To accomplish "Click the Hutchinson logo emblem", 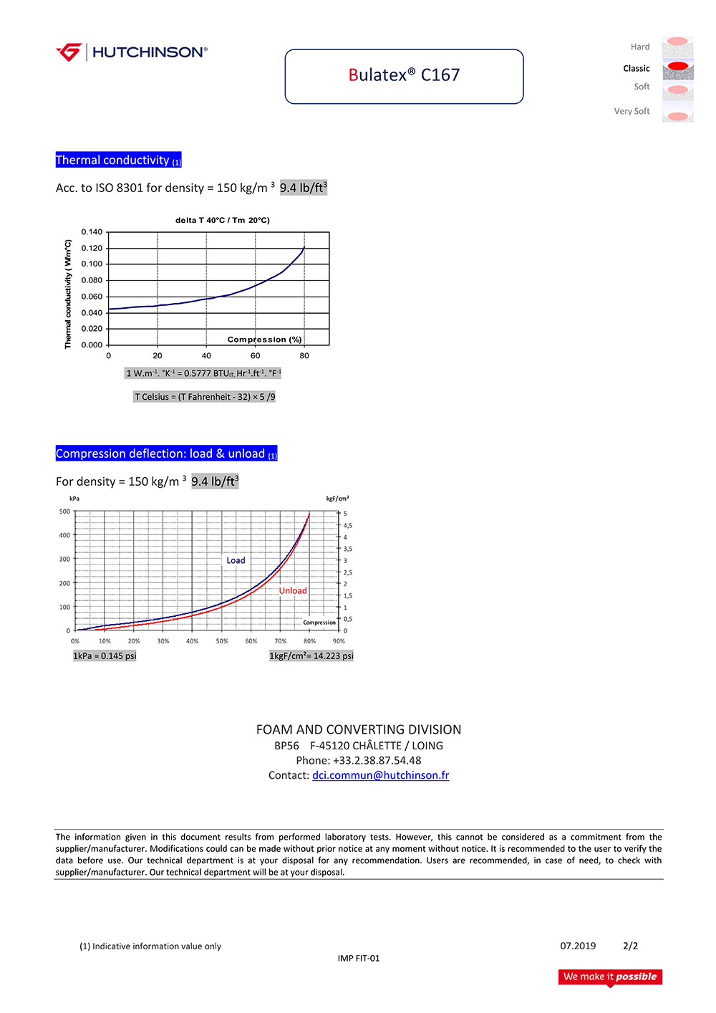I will tap(69, 52).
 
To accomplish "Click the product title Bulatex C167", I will tap(404, 75).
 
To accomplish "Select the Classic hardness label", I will tap(636, 69).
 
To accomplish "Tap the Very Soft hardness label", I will tap(632, 111).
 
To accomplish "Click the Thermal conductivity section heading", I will tap(118, 160).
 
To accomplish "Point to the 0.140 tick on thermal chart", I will tap(92, 232).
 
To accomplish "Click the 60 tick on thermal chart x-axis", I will tap(255, 356).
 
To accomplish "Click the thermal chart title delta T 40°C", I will tap(222, 221).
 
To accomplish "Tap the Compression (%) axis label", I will tap(264, 340).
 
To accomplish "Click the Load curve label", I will tap(236, 561).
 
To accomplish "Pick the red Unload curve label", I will tap(293, 591).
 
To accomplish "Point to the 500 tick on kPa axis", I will tap(64, 512).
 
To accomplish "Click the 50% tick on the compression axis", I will tap(222, 641).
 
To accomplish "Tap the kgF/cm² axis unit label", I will tap(337, 499).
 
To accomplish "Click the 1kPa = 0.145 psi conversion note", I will tap(105, 656).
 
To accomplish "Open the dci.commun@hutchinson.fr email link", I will tap(380, 775).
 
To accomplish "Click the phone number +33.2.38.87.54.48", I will tap(377, 760).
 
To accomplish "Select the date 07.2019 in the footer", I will tap(578, 946).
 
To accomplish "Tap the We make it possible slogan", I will tap(610, 976).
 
